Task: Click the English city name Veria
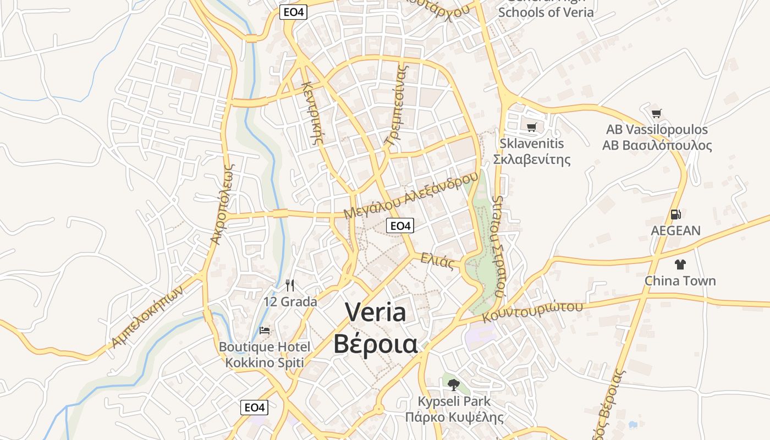tap(376, 312)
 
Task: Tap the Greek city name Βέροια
tap(376, 344)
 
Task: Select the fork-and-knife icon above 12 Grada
tap(290, 285)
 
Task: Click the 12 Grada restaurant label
tap(290, 302)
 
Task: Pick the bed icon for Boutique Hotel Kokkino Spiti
tap(265, 331)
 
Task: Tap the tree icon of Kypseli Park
tap(453, 384)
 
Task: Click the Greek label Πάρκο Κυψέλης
tap(454, 417)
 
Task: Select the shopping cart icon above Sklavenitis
tap(531, 128)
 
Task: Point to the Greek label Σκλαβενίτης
tap(531, 159)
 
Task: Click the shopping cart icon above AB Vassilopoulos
tap(656, 114)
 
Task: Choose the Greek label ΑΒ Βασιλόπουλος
tap(657, 146)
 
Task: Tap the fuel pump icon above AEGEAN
tap(675, 215)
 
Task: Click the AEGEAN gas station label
tap(675, 230)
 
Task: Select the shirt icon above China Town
tap(680, 265)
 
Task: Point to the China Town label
tap(680, 281)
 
